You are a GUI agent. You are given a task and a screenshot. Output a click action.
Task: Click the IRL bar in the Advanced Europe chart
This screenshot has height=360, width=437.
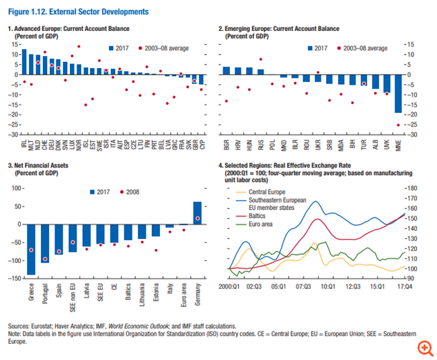(x=24, y=62)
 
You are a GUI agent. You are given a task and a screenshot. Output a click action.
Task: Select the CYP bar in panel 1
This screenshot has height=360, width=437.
(x=201, y=79)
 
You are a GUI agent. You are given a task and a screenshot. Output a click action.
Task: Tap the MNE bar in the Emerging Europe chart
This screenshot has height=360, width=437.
(x=399, y=94)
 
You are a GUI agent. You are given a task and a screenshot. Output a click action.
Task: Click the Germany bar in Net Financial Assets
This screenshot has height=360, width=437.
(x=197, y=212)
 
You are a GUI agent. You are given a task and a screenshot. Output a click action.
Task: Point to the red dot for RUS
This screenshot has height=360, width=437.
(x=260, y=59)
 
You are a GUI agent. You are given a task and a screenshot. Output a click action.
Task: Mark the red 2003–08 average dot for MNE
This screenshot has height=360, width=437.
(x=399, y=125)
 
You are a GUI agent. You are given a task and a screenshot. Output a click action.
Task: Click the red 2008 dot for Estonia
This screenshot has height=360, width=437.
(x=156, y=250)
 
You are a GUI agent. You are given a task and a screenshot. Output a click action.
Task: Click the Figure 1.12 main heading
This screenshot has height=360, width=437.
(x=78, y=12)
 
